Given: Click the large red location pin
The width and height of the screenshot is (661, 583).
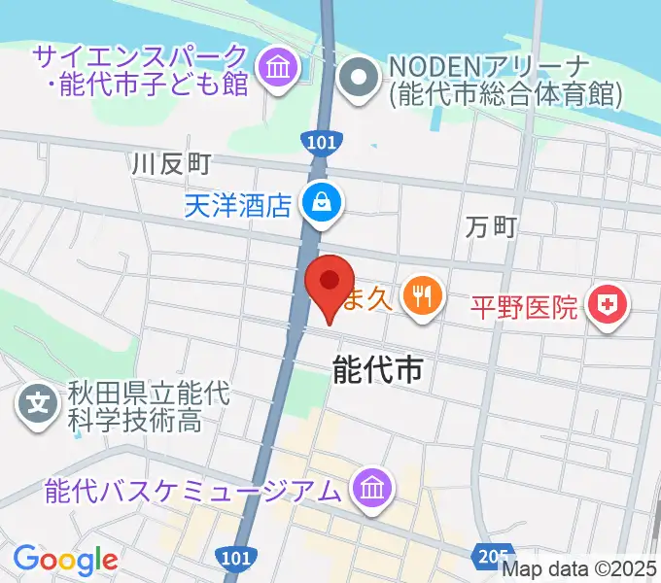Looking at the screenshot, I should tap(328, 286).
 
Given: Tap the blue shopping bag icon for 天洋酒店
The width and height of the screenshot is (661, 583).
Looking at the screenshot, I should tap(319, 204).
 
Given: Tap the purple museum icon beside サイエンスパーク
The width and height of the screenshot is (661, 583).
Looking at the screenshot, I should tap(278, 70).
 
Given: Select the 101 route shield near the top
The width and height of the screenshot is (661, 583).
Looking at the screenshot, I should tap(324, 142).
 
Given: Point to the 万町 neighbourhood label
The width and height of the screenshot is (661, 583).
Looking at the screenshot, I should tap(491, 227).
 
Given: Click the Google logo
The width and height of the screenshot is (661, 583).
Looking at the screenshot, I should tap(65, 559).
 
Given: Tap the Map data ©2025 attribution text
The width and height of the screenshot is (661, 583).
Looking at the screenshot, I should tap(579, 570).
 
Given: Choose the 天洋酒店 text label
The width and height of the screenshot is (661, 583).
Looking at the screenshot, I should tap(238, 205).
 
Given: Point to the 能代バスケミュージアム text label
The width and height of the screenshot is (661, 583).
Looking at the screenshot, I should tap(194, 490).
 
